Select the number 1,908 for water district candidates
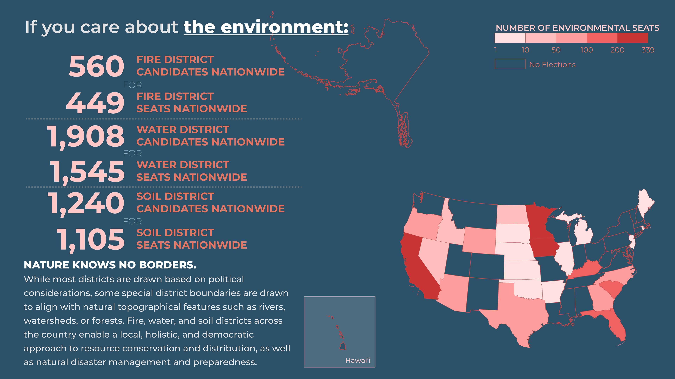click(85, 137)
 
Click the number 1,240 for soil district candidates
click(86, 204)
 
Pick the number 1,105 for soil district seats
click(90, 240)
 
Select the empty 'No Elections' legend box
click(510, 64)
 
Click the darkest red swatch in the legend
click(633, 38)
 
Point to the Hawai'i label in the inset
click(358, 360)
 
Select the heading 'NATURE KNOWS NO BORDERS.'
click(110, 265)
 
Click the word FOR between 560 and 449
click(132, 85)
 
